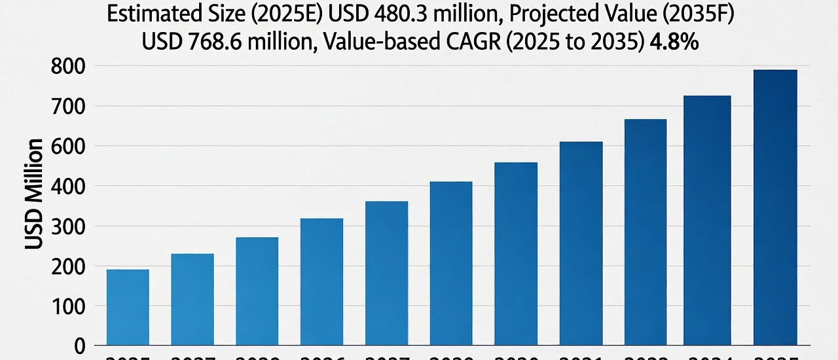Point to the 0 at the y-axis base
80,346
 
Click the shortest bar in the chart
128,307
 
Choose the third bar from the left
257,291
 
